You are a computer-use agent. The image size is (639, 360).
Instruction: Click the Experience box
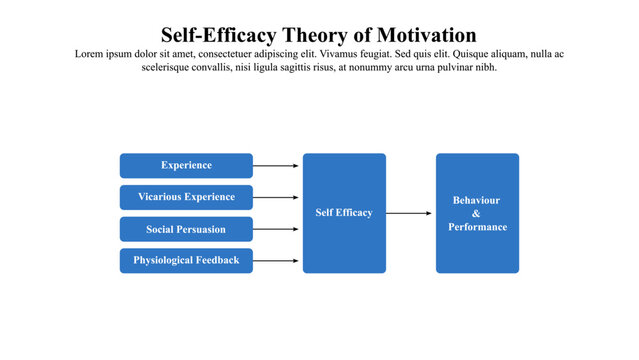[186, 165]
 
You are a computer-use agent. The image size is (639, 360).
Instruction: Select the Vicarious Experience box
[186, 197]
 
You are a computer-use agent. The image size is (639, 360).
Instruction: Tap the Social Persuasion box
[186, 229]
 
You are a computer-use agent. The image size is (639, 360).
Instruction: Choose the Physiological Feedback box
[186, 261]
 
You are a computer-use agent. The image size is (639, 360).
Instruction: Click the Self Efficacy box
[344, 213]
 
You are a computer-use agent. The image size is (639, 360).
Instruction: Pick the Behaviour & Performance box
[477, 213]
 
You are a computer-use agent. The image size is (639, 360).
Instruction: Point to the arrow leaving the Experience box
[277, 165]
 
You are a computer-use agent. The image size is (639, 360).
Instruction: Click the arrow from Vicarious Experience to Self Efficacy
[277, 197]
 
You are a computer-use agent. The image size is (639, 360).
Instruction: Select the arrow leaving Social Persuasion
[277, 229]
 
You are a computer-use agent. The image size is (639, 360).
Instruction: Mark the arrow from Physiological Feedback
[277, 261]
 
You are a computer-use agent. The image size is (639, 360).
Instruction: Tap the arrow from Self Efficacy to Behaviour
[410, 213]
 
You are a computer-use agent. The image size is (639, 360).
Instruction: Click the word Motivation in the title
[421, 36]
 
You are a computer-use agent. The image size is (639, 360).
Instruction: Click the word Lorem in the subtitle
[90, 54]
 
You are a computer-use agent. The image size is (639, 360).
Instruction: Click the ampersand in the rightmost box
[476, 213]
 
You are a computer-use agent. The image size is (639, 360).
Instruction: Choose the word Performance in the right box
[477, 227]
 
